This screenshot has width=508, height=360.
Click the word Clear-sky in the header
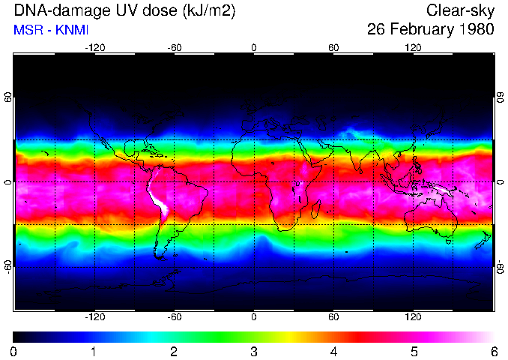tap(460, 10)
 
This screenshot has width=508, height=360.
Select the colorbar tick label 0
tap(13, 352)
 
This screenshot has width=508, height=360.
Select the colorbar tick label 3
tap(253, 352)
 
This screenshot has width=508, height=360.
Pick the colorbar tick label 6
tap(493, 352)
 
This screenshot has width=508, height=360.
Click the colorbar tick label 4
tap(333, 352)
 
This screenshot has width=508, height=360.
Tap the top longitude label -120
tap(94, 48)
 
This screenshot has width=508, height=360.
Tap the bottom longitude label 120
tap(413, 316)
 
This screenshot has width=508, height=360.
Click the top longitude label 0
tap(253, 48)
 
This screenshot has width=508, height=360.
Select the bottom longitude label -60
tap(174, 316)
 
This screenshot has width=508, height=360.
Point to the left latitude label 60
tap(8, 98)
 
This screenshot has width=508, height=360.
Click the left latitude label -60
tap(8, 266)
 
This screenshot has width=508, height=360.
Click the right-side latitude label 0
tap(499, 182)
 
